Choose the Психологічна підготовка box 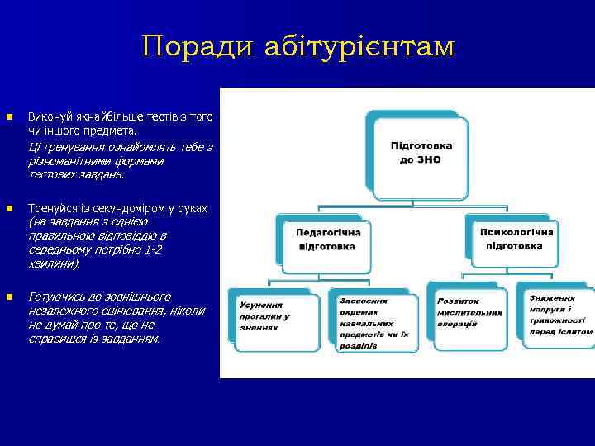click(x=513, y=240)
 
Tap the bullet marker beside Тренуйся click(x=8, y=208)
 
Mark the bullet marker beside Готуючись click(x=8, y=297)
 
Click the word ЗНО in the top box click(x=431, y=159)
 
